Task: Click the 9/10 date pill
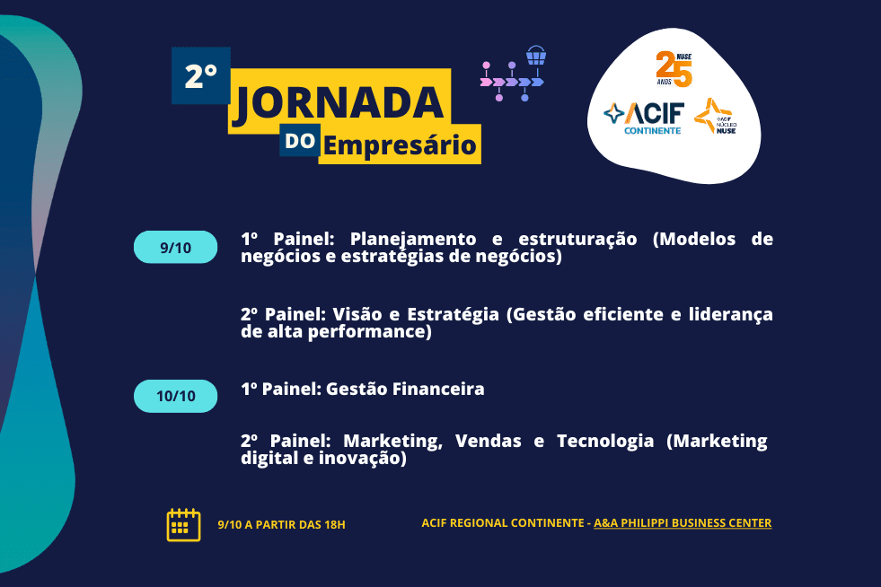point(175,247)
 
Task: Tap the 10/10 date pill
point(175,396)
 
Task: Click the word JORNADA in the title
point(339,103)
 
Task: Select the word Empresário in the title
point(400,145)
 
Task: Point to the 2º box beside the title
point(201,75)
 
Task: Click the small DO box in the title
point(300,140)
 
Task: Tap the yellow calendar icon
point(184,525)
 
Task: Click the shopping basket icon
point(536,56)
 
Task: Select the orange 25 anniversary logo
point(674,69)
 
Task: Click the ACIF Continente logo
point(644,118)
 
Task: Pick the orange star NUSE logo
point(715,117)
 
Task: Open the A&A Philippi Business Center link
point(683,523)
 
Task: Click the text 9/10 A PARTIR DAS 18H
point(281,525)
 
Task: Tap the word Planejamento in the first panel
point(413,240)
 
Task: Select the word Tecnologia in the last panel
point(605,442)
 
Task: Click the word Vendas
point(489,441)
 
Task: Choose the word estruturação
point(577,240)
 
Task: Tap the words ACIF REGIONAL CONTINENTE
point(503,523)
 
